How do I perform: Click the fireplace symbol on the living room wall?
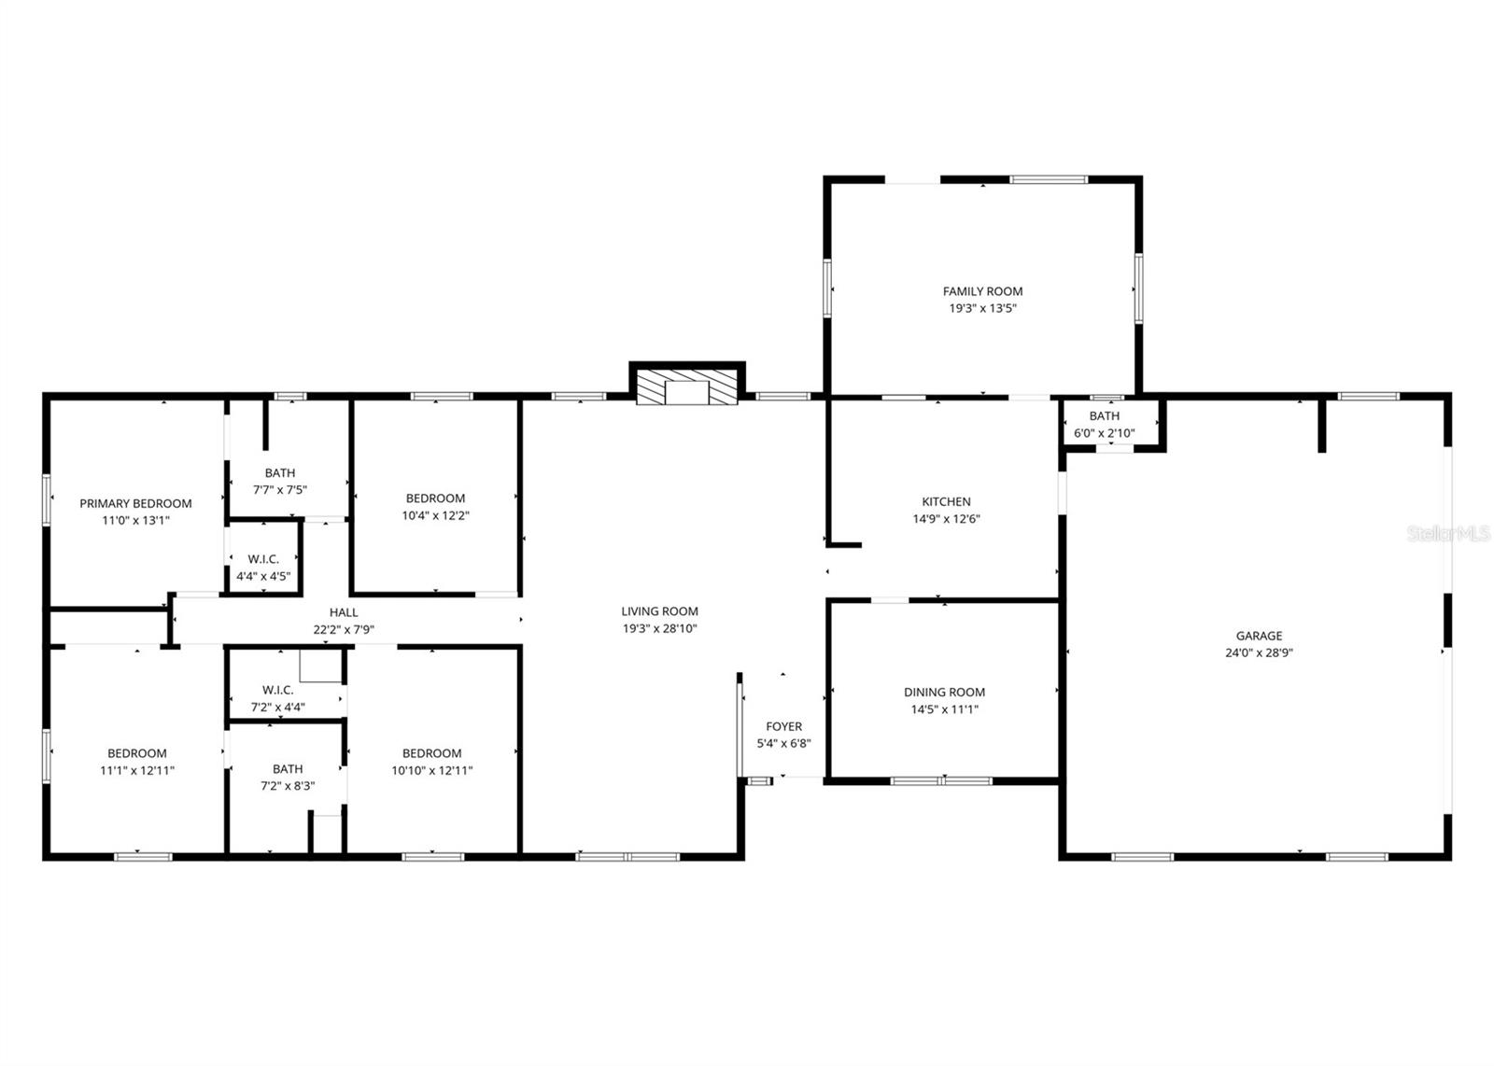tap(687, 387)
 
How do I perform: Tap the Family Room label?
tap(982, 291)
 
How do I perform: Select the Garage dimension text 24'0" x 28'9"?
tap(1259, 652)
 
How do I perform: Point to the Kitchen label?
tap(946, 502)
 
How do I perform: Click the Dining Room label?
tap(944, 692)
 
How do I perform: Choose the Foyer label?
tap(783, 726)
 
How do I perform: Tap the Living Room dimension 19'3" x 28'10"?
tap(659, 628)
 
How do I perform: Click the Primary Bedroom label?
tap(135, 503)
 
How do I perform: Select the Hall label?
tap(344, 612)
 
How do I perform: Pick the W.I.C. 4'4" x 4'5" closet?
tap(263, 568)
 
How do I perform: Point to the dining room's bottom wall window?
tap(941, 780)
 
